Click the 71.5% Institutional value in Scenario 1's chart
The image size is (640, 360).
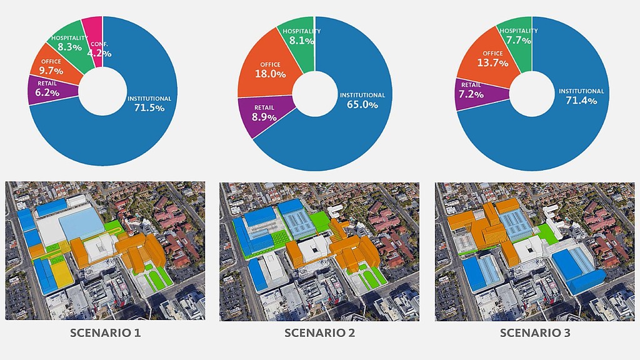[x=149, y=108]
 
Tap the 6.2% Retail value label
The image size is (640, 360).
[x=47, y=92]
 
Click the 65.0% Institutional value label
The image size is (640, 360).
[x=362, y=105]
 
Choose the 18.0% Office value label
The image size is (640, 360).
[x=270, y=74]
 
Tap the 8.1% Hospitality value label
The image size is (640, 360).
[x=301, y=41]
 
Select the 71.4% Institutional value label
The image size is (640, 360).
[x=581, y=101]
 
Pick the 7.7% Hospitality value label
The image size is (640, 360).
[x=518, y=41]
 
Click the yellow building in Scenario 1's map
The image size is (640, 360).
[x=62, y=276]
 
